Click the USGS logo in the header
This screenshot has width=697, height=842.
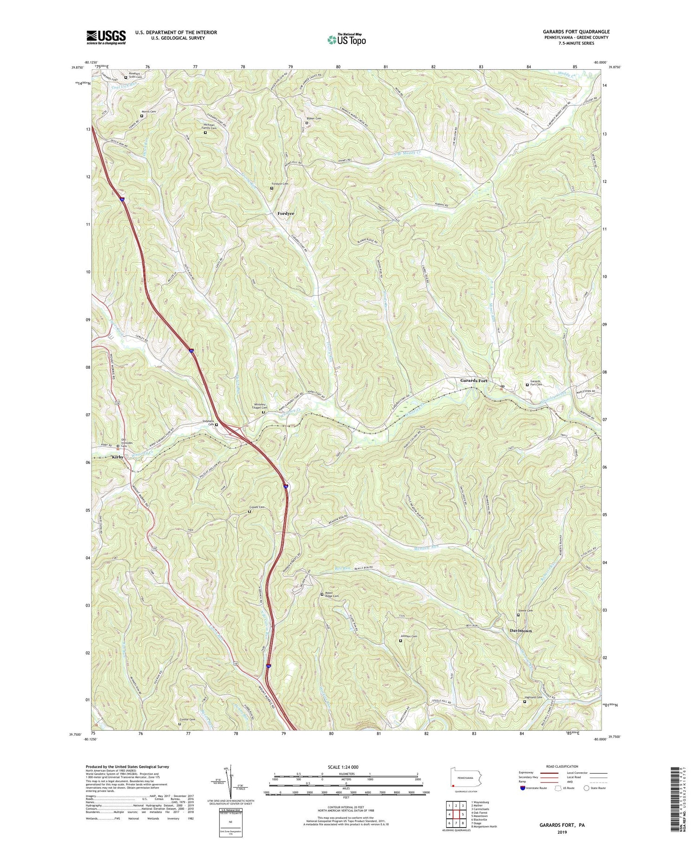coord(106,37)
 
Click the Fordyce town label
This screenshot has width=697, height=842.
coord(286,214)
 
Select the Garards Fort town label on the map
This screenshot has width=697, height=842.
coord(474,381)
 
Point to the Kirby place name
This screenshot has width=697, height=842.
coord(118,457)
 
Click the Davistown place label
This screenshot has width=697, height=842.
coord(520,631)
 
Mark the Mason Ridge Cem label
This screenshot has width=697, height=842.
coord(331,594)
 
